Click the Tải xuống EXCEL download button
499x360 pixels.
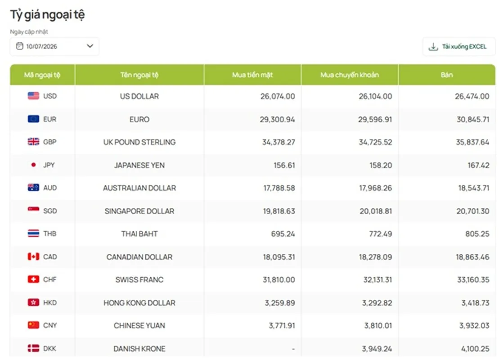459,47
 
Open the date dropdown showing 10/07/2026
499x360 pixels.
54,46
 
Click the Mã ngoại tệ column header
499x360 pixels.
42,75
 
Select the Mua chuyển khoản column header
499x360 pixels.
350,75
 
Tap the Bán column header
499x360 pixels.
447,75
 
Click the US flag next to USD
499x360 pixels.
33,96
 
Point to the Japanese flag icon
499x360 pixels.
33,165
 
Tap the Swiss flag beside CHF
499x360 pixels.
33,279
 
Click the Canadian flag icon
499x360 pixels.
33,256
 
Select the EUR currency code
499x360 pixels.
49,119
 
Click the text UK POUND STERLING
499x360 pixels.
139,142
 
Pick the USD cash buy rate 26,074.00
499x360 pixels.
278,96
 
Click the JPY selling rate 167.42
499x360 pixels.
478,165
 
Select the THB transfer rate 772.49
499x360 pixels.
380,234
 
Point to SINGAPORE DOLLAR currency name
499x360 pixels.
139,211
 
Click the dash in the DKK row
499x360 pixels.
293,349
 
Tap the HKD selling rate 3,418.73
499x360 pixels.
476,303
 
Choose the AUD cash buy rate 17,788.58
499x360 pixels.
279,188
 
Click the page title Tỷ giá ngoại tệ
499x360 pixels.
47,15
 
